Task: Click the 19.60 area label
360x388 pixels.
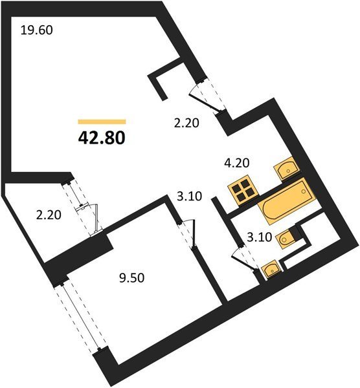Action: [x=37, y=30]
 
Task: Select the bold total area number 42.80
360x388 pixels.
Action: [x=102, y=138]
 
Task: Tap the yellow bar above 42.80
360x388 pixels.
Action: [x=102, y=122]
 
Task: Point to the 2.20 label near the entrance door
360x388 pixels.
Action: [x=186, y=123]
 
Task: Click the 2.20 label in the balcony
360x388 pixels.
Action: [x=49, y=215]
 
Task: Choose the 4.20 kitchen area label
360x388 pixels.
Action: [x=236, y=163]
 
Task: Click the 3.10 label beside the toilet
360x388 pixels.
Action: [x=260, y=237]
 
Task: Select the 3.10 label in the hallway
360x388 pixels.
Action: [x=190, y=197]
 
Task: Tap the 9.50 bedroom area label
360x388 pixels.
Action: [x=131, y=278]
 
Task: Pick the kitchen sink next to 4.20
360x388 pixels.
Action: [x=287, y=168]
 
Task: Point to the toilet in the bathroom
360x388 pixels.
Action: [x=286, y=238]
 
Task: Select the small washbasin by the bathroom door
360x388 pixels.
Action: [x=271, y=270]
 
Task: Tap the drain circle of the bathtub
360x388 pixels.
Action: [x=304, y=191]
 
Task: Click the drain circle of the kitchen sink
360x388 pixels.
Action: [x=288, y=171]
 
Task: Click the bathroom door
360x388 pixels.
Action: [x=244, y=259]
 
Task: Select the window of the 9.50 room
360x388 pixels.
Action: [x=80, y=316]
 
